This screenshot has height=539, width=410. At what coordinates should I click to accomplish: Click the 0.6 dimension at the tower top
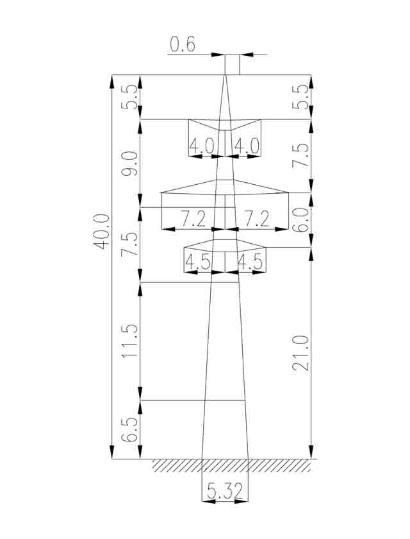click(183, 44)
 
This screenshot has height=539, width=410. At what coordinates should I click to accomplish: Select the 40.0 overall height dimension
click(102, 232)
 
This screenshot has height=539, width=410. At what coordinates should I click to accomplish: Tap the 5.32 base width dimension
click(225, 491)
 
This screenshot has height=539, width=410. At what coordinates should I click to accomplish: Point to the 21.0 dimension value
click(301, 353)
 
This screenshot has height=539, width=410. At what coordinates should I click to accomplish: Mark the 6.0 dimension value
click(301, 220)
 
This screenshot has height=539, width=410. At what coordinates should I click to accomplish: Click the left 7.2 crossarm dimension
click(193, 219)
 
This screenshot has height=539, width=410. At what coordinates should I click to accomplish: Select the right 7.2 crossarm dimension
click(257, 219)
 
